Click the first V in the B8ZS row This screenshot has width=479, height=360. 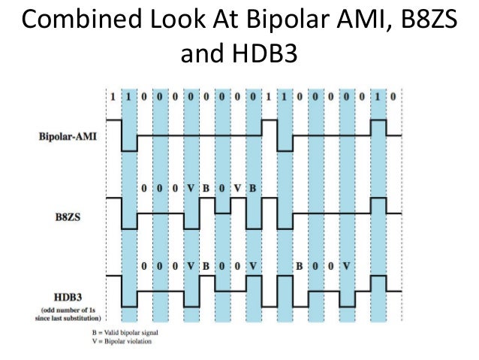(191, 187)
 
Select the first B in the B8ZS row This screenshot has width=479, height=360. (206, 187)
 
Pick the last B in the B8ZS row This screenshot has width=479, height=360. (253, 187)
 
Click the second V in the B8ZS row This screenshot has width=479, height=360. (237, 187)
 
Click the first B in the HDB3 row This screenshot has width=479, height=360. (206, 265)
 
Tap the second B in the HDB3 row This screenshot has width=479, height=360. (299, 265)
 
